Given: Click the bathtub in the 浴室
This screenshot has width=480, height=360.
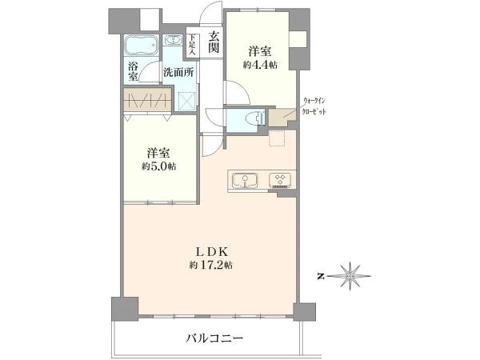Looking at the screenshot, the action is pos(142,46).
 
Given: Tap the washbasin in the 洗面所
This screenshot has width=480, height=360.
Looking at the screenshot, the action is pos(174,40).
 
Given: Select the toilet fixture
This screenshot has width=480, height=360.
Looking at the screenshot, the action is pos(254,118).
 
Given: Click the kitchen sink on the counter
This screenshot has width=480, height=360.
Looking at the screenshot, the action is pos(245,181).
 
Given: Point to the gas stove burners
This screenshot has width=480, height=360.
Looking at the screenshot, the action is pos(280,180).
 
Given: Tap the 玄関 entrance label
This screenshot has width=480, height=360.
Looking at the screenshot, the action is pos(214,42).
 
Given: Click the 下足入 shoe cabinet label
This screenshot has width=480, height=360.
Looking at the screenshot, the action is pos(192,44).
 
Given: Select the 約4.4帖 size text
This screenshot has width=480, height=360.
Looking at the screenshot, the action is pos(260,65).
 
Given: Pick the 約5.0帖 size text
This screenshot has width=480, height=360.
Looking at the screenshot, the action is pos(158,166).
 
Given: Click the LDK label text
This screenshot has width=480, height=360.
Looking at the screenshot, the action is pos(211,252).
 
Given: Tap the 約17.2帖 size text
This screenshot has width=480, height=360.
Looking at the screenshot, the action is pos(210,265).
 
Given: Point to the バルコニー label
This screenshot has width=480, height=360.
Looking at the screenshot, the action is pos(214,338).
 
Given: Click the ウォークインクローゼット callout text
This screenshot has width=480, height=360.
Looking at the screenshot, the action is pos(314,106).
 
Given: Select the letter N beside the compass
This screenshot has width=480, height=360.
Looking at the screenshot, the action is pos(321,277).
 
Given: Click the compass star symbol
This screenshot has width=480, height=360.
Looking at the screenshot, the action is pos(350,276).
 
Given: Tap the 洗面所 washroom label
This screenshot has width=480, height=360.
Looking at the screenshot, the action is pos(178,73).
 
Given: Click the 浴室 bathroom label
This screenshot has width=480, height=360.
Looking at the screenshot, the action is pos(133,71).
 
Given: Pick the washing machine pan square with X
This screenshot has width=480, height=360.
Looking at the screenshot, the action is pos(186,101).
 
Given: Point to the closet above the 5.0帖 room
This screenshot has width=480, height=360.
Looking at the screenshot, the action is pos(147,100).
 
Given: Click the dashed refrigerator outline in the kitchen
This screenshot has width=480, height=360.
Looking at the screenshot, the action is pos(277,138).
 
